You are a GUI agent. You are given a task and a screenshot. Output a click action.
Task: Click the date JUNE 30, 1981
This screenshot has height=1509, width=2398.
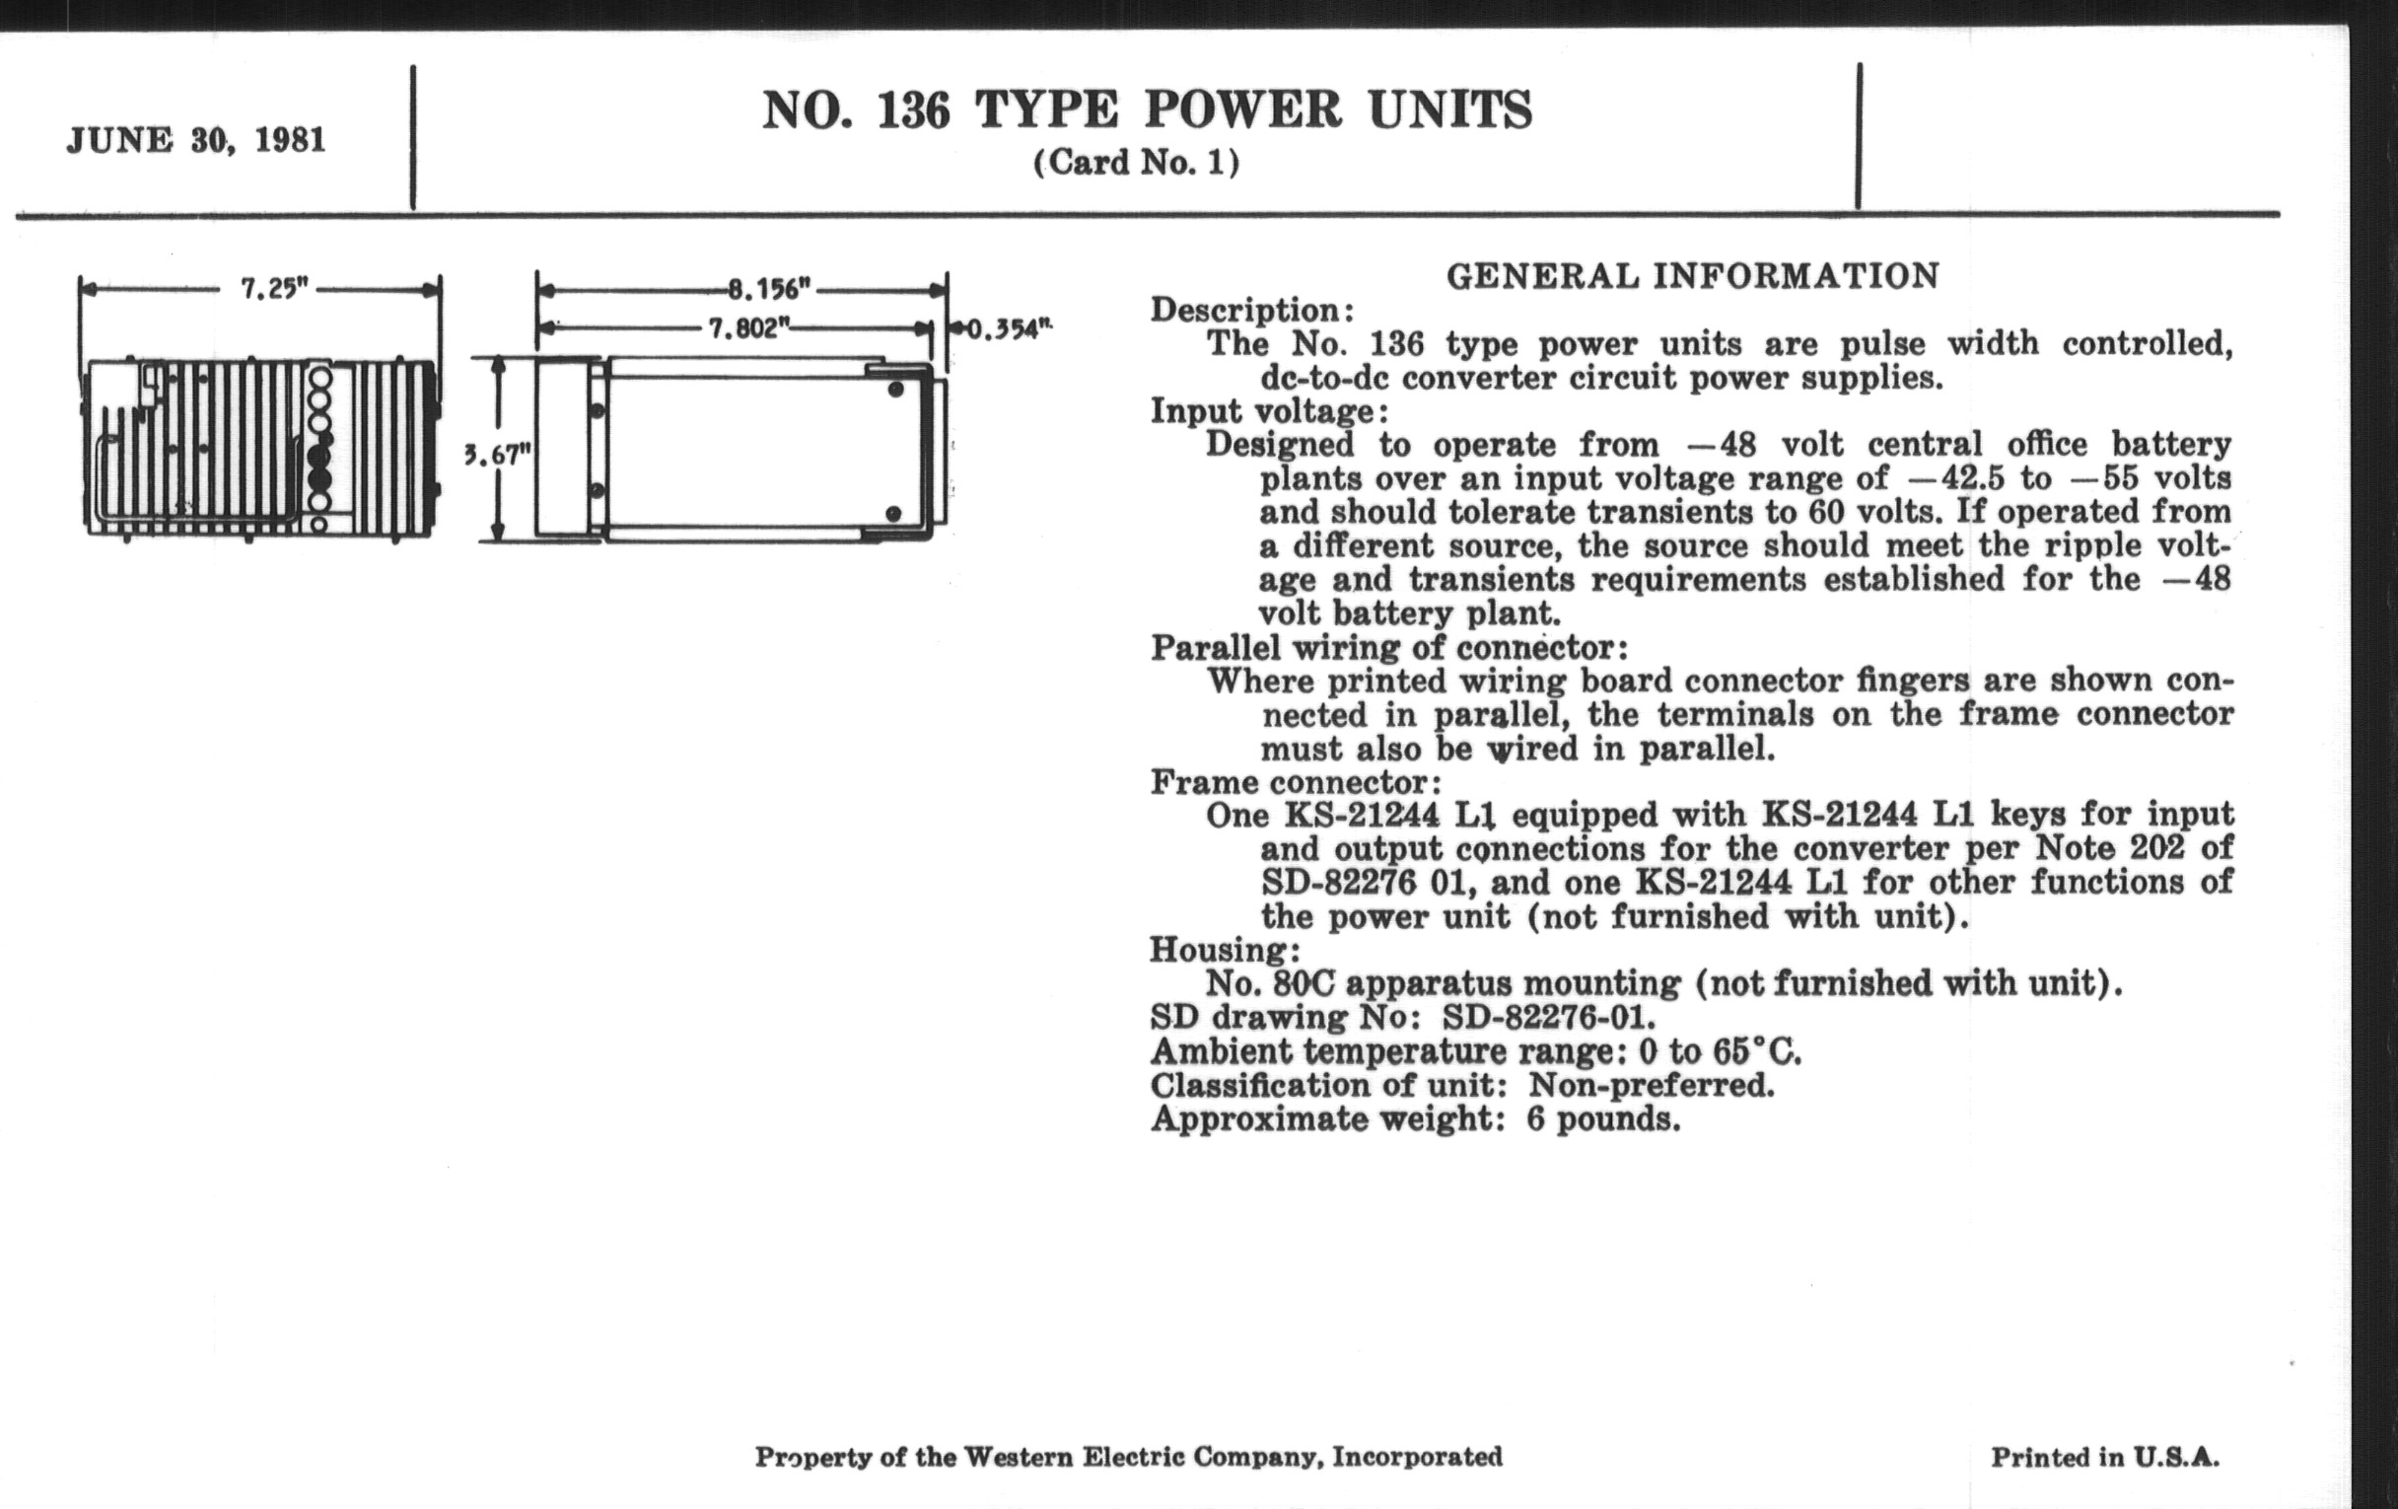tap(196, 140)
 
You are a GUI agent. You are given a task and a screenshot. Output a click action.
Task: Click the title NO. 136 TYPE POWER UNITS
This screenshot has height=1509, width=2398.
tap(1147, 109)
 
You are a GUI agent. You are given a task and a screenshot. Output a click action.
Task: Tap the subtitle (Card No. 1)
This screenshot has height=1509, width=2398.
tap(1136, 163)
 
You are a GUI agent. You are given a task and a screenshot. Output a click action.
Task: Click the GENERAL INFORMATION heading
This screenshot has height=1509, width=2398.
tap(1692, 276)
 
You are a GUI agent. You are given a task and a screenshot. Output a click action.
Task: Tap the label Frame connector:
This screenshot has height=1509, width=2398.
tap(1296, 782)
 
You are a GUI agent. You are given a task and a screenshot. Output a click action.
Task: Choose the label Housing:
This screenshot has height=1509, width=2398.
tap(1225, 949)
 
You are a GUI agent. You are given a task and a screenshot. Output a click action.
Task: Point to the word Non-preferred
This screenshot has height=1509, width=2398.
tap(1652, 1085)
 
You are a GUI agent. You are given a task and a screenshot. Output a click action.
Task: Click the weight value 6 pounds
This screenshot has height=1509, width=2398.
tap(1603, 1119)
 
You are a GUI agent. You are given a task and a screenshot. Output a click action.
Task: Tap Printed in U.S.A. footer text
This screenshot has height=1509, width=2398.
tap(2105, 1457)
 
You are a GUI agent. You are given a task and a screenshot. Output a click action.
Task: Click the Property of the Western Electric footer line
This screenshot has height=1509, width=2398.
tap(1128, 1457)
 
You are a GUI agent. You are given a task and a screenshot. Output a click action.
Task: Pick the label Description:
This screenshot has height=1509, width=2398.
tap(1252, 310)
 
